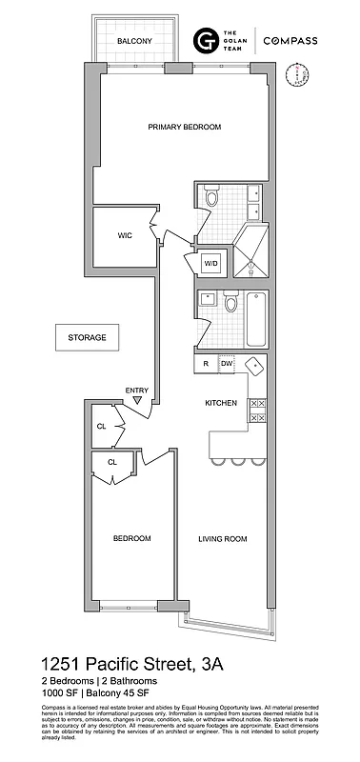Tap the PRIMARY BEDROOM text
(184, 127)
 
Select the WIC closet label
(124, 235)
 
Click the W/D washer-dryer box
(211, 263)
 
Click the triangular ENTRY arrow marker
(138, 401)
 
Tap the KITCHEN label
(221, 403)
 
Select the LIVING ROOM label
(222, 539)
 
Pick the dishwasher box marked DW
(227, 363)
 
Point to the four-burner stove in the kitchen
(257, 411)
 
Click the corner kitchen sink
(254, 366)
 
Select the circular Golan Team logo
(205, 41)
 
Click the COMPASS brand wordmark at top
(290, 40)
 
